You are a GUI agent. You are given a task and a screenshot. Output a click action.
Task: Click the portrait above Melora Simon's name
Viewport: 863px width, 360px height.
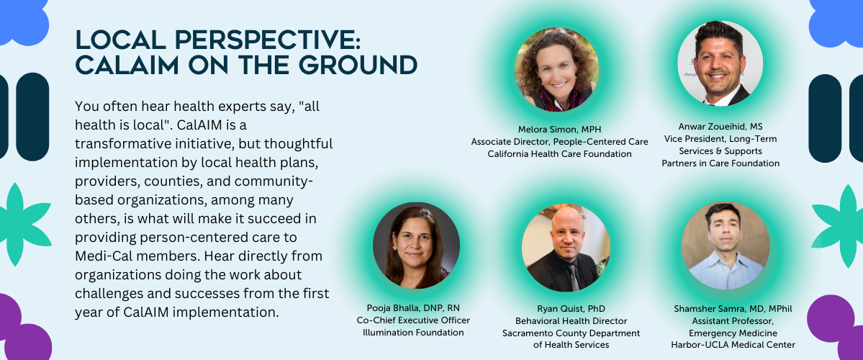click(x=556, y=70)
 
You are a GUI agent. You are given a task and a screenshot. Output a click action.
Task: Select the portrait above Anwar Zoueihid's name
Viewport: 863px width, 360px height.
click(x=720, y=63)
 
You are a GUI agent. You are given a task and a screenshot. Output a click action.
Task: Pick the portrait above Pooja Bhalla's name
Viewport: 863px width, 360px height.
click(x=416, y=246)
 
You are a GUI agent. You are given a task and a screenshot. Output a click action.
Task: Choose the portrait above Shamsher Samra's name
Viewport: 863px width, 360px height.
click(x=726, y=246)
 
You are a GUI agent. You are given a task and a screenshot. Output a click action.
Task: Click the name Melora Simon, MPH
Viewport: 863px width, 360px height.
click(x=559, y=130)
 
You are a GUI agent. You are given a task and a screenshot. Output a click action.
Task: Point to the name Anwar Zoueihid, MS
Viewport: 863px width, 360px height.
click(x=720, y=127)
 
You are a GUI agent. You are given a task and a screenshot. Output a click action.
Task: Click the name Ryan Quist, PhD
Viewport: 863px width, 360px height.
click(x=571, y=309)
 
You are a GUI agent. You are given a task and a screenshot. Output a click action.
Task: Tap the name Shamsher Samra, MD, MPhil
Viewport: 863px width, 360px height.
click(x=733, y=309)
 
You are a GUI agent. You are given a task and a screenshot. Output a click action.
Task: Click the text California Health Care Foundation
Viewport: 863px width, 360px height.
click(x=559, y=153)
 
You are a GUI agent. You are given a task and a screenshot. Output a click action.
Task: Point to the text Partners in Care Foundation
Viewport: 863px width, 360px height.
click(x=720, y=163)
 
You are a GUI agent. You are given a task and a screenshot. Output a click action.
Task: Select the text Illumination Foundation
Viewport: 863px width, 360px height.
click(x=413, y=332)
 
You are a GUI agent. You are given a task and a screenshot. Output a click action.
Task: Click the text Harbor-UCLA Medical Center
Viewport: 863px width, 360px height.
click(x=733, y=345)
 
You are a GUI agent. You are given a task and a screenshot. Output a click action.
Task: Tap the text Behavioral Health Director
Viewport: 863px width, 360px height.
click(x=571, y=321)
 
